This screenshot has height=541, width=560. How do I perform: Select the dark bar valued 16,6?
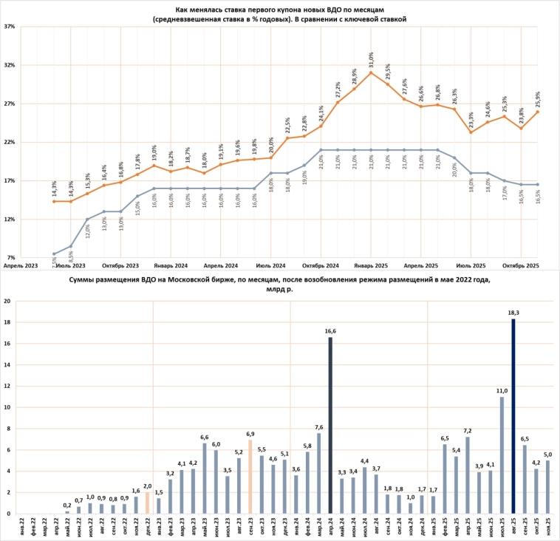[x=330, y=425]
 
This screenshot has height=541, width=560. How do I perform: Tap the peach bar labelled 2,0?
[x=147, y=503]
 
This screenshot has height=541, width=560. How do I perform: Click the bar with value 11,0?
[x=502, y=455]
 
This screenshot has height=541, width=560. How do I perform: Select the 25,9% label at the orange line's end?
[x=536, y=98]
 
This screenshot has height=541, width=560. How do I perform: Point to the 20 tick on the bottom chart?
[x=7, y=302]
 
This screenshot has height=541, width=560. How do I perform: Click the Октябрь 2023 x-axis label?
[x=121, y=265]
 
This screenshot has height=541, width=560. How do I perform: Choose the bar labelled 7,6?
[x=318, y=473]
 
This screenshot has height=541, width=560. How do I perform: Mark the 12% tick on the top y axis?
[x=10, y=220]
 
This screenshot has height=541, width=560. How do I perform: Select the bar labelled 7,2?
[x=467, y=475]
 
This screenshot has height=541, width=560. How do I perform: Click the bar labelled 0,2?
[x=67, y=511]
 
